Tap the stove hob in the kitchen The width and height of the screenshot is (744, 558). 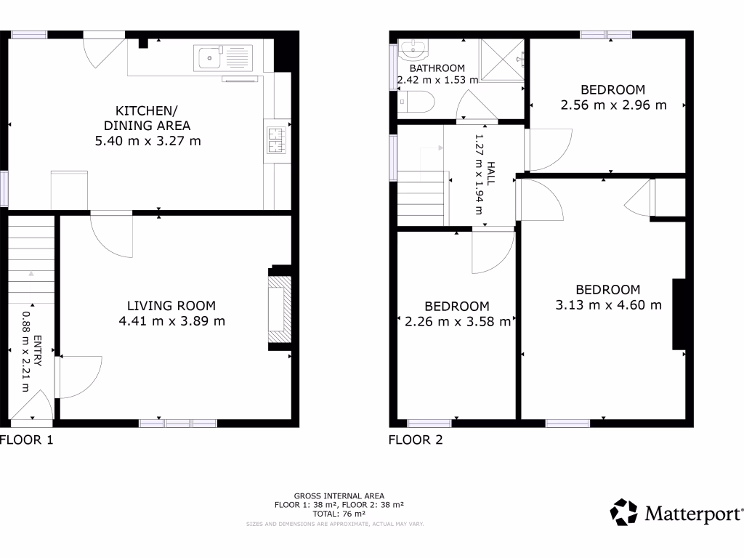point(276,140)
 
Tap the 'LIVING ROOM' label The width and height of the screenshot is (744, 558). point(171,306)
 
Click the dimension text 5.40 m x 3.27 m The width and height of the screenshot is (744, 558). point(148,141)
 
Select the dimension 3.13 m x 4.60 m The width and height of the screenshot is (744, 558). point(608,305)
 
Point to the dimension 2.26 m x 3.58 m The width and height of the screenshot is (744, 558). point(457,322)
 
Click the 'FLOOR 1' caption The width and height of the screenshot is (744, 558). point(27,440)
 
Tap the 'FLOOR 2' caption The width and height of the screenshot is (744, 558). point(416,440)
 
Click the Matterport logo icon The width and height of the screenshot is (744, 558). point(623,512)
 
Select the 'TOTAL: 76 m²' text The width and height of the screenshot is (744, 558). point(339,513)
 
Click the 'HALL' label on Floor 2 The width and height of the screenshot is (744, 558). point(492,175)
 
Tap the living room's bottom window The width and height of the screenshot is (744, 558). point(178,423)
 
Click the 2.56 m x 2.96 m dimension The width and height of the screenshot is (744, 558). point(613,105)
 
